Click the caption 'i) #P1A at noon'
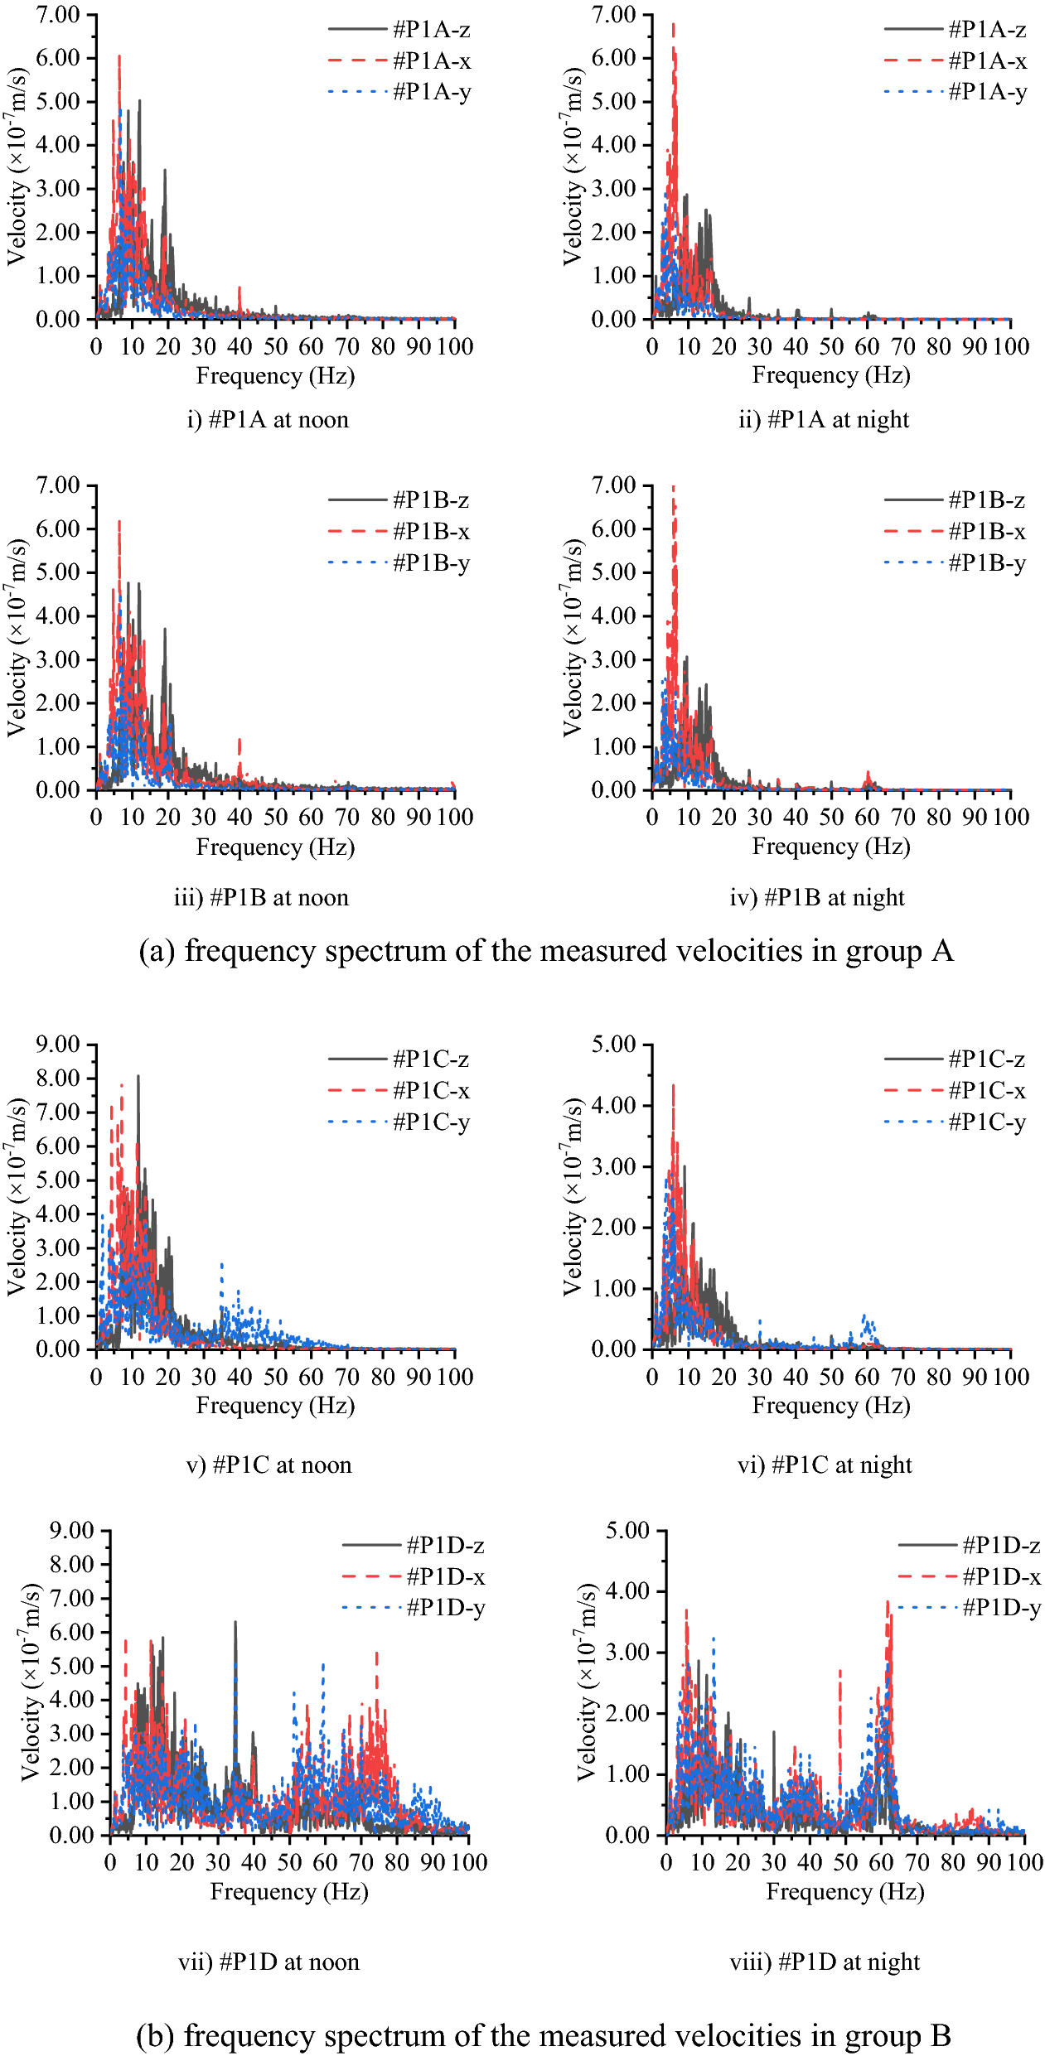pos(268,420)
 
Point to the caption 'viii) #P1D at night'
pos(825,1962)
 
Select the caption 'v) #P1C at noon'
pos(269,1465)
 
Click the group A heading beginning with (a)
pos(546,951)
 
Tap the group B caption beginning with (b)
pos(544,2034)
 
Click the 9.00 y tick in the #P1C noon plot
pos(58,1044)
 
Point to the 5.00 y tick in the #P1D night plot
pos(627,1530)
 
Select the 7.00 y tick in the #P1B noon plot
pos(58,485)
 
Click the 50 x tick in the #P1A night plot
pos(831,346)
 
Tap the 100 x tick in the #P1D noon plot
pos(468,1862)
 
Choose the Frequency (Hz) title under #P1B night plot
pos(831,847)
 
